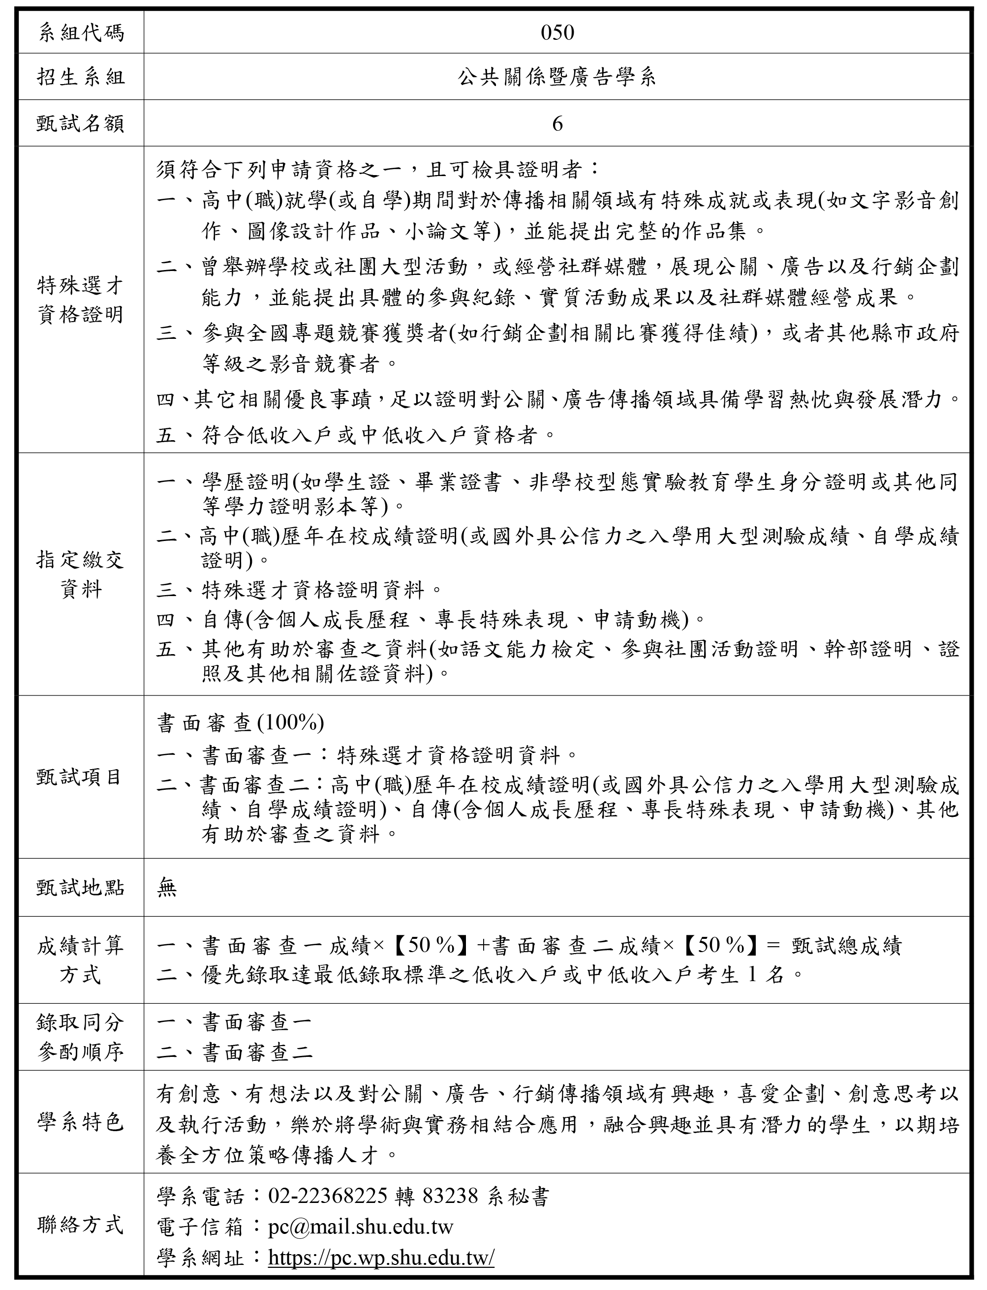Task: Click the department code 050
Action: click(556, 33)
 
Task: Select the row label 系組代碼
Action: click(81, 33)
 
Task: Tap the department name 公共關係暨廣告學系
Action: click(556, 78)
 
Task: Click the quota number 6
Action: click(557, 123)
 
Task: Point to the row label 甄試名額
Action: click(81, 123)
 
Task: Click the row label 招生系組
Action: click(81, 78)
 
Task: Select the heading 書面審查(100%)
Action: click(240, 723)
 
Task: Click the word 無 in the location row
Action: click(167, 888)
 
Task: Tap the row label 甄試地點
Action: click(81, 888)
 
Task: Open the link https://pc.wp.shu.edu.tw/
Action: click(381, 1257)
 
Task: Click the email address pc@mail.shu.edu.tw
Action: click(360, 1227)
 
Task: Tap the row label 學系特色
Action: click(81, 1122)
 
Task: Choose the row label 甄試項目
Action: click(81, 777)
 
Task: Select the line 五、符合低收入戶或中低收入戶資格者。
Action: click(356, 435)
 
